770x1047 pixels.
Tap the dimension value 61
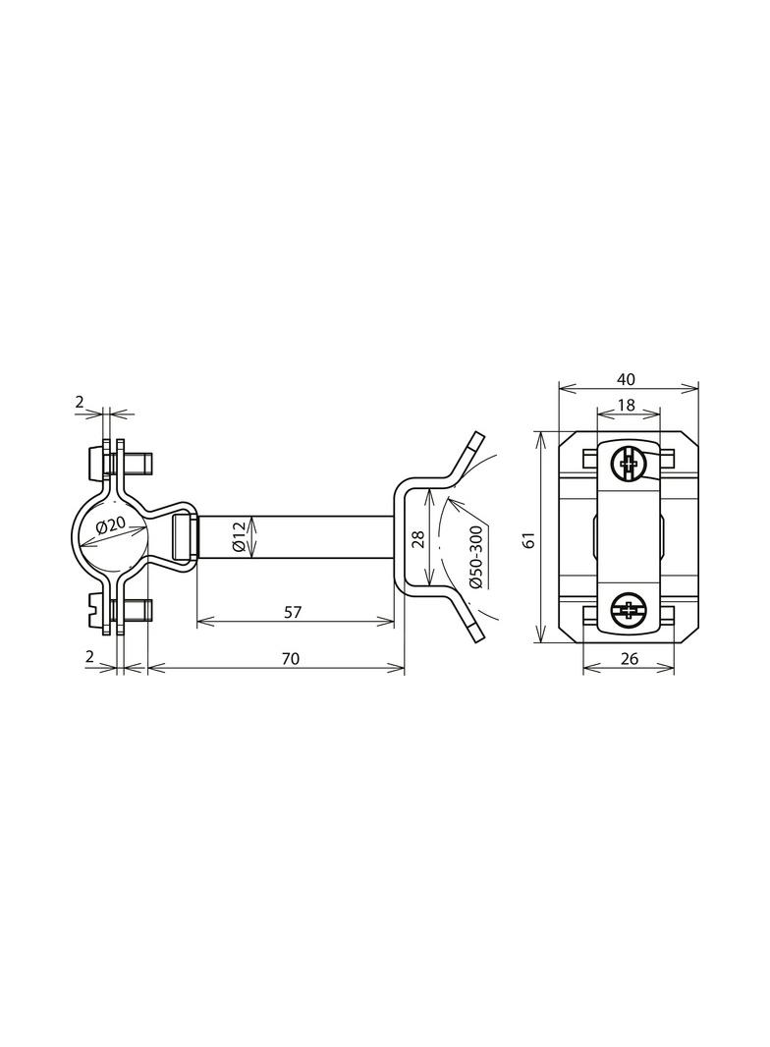(x=528, y=539)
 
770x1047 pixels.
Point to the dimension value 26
(x=630, y=659)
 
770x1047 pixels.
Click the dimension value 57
(x=292, y=611)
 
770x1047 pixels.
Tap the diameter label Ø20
(x=111, y=527)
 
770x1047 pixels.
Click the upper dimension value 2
(x=80, y=401)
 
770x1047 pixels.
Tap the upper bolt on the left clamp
(x=116, y=462)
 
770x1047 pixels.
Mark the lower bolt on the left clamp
(x=116, y=611)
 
